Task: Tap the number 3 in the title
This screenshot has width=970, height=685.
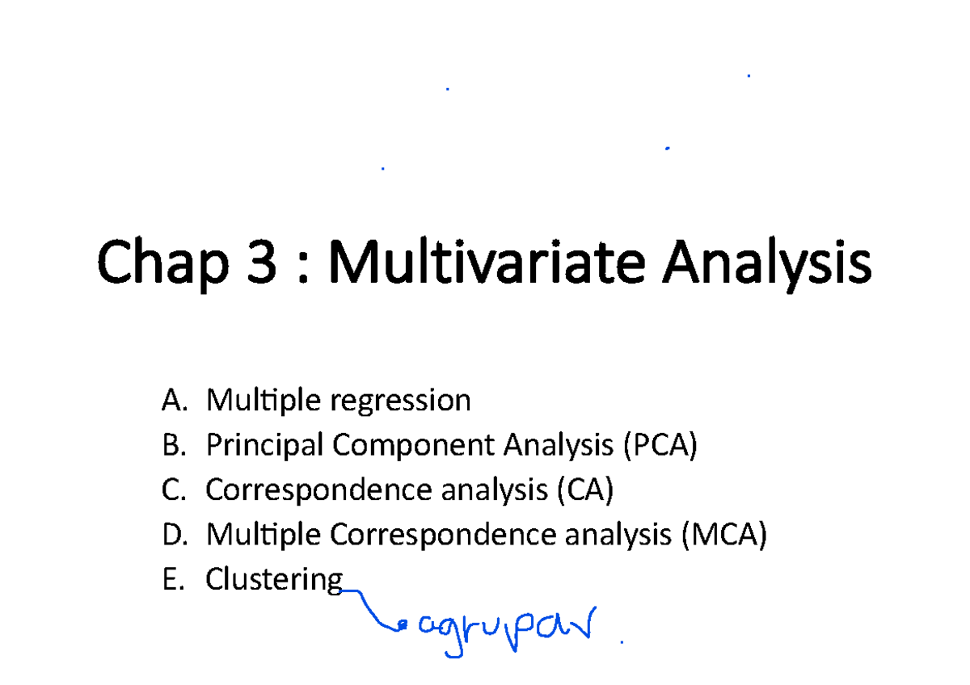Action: [x=259, y=262]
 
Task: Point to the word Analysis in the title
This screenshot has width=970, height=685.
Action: [x=766, y=263]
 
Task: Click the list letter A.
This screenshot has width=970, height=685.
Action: [x=171, y=399]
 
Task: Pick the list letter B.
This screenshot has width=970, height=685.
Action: [x=171, y=444]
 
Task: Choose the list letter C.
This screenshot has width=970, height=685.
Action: [x=171, y=490]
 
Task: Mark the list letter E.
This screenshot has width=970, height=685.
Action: [x=171, y=579]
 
